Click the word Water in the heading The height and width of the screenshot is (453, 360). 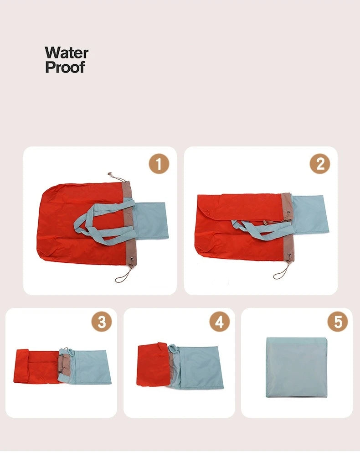[x=67, y=53]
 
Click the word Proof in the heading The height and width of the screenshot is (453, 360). [x=65, y=67]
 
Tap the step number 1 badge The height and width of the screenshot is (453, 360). [x=159, y=164]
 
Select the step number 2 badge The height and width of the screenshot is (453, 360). [x=320, y=164]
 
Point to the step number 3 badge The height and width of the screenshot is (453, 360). [x=102, y=322]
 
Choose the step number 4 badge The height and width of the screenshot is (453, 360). [x=220, y=322]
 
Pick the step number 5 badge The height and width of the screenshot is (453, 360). [x=338, y=322]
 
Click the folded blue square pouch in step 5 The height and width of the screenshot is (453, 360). [x=297, y=368]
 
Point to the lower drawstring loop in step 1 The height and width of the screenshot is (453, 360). [x=123, y=276]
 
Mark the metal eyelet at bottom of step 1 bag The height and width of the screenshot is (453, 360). [x=132, y=259]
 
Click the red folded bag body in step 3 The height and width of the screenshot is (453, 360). [x=37, y=366]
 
